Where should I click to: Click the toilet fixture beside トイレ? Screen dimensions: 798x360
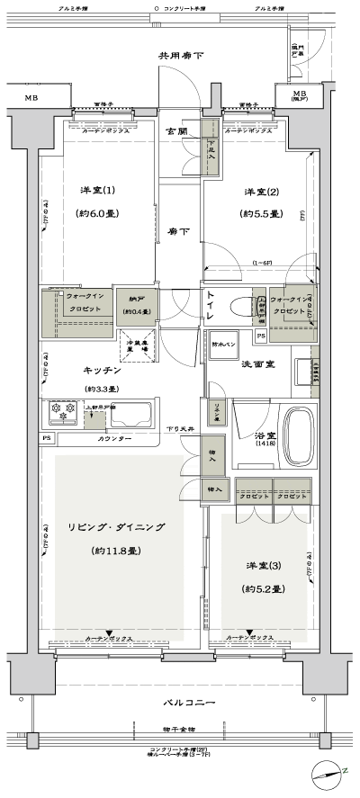240,306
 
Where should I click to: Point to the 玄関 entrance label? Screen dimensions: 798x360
176,131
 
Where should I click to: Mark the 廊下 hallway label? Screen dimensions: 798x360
177,231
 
